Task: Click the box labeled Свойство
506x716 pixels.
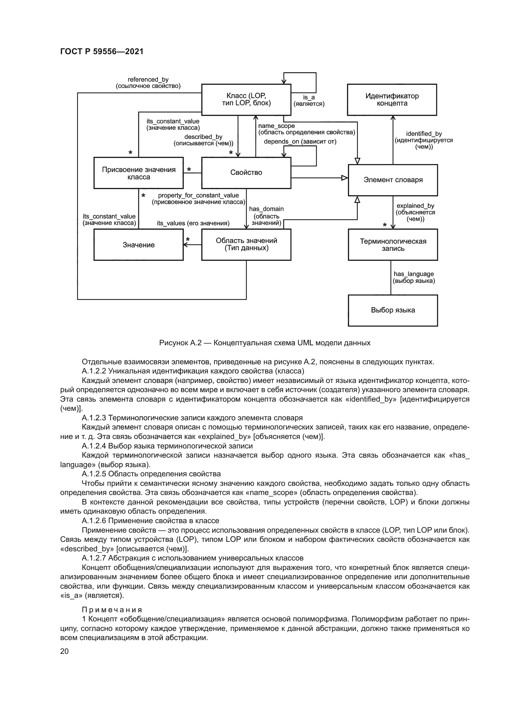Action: pyautogui.click(x=246, y=172)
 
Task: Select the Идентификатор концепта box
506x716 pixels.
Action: pyautogui.click(x=392, y=99)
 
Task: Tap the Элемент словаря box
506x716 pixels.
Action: pyautogui.click(x=393, y=180)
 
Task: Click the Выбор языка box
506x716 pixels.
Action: pyautogui.click(x=393, y=310)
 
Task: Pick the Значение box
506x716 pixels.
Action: pyautogui.click(x=138, y=245)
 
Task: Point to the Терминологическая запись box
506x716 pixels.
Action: pyautogui.click(x=393, y=245)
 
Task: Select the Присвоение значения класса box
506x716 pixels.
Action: pyautogui.click(x=138, y=173)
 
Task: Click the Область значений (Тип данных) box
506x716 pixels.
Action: pyautogui.click(x=246, y=245)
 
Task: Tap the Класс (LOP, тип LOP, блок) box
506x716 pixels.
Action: pyautogui.click(x=246, y=99)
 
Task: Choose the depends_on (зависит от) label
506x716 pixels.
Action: pyautogui.click(x=300, y=142)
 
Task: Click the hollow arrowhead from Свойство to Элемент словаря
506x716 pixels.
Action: pyautogui.click(x=344, y=178)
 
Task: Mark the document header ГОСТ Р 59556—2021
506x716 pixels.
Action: pyautogui.click(x=102, y=51)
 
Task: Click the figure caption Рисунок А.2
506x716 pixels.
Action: pyautogui.click(x=265, y=343)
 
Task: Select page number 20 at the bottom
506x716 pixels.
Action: pyautogui.click(x=64, y=651)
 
